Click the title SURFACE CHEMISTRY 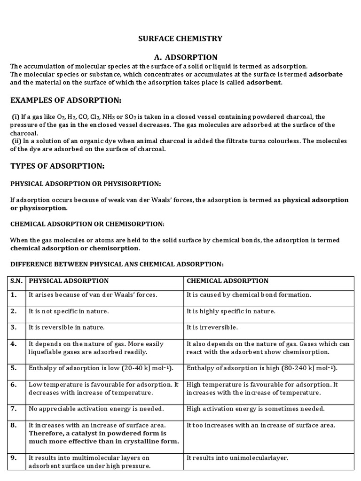(180, 39)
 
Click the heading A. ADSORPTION (180, 57)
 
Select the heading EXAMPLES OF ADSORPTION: (66, 101)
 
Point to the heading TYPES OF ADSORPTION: (57, 166)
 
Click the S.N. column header (16, 281)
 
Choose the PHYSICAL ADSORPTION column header (69, 281)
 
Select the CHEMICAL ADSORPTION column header (228, 281)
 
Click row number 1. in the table (14, 295)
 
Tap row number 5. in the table (14, 368)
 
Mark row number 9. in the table (14, 458)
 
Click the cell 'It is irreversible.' (212, 327)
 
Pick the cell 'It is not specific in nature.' (69, 311)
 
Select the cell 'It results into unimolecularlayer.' (237, 458)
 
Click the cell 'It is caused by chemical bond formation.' (249, 295)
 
